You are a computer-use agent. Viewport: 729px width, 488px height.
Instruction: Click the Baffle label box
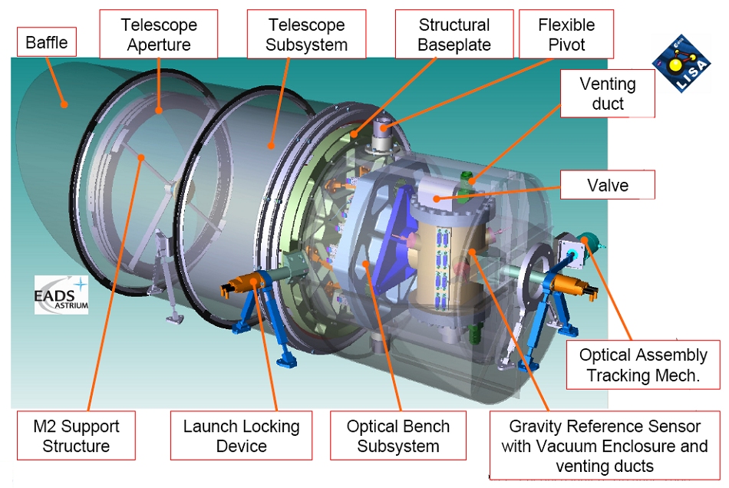coord(47,42)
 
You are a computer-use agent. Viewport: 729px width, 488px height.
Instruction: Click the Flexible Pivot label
coord(566,35)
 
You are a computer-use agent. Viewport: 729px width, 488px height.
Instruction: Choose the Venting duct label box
coord(608,94)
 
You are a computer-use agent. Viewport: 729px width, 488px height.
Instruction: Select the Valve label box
coord(608,185)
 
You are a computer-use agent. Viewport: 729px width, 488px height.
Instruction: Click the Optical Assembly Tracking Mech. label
coord(643,365)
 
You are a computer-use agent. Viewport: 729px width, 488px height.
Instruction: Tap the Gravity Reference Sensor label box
coord(605,446)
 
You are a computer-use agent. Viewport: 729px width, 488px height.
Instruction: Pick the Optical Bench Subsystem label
coord(397,437)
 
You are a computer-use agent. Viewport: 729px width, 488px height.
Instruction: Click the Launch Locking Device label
coord(241,437)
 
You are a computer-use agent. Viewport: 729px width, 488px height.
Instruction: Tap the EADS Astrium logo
coord(61,295)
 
